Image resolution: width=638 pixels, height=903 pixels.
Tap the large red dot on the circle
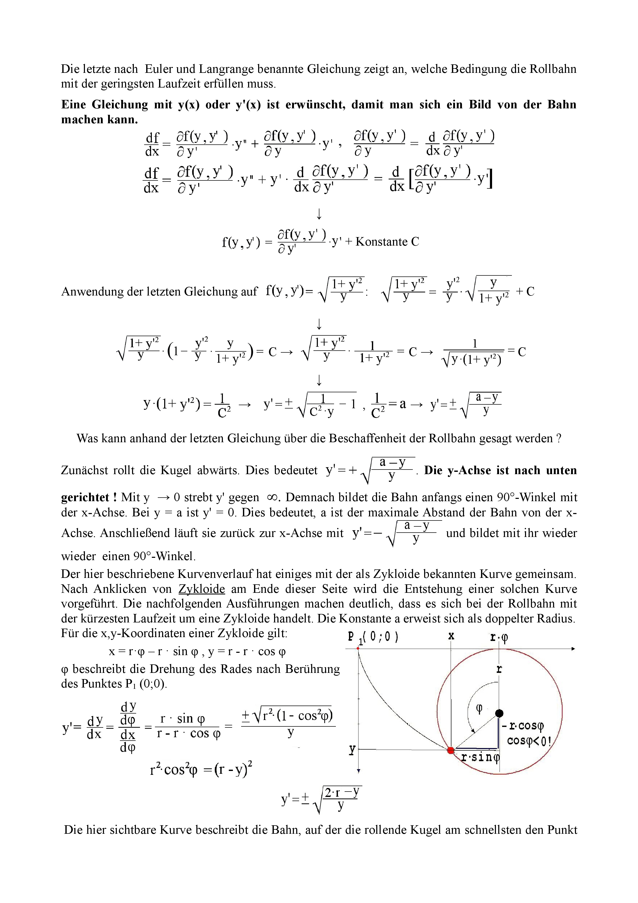(x=451, y=750)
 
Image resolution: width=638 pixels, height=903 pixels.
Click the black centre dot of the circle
(x=499, y=713)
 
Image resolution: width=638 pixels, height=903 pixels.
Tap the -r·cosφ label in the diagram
(x=523, y=726)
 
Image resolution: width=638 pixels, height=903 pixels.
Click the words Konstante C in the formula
(x=387, y=241)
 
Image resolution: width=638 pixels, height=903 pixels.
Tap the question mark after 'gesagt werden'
(x=559, y=438)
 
